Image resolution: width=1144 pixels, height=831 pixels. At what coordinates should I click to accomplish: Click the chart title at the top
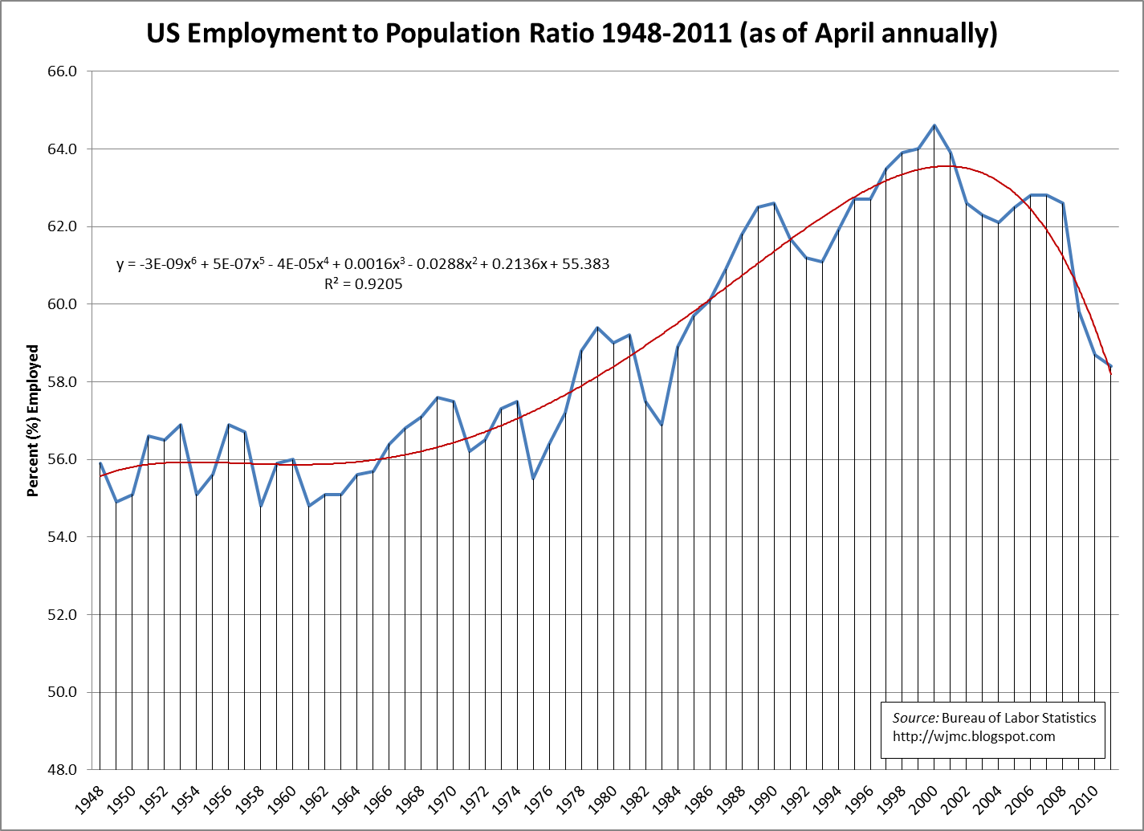(x=572, y=33)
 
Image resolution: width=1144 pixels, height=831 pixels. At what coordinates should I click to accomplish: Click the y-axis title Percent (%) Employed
(x=33, y=421)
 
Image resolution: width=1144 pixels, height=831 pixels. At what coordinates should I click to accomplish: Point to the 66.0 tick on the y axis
(x=62, y=71)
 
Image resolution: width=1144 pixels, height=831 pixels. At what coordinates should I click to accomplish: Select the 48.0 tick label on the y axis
(x=62, y=770)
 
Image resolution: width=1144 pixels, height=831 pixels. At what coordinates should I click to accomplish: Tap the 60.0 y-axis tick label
(x=62, y=304)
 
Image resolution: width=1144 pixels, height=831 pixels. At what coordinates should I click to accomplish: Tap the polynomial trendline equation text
(x=363, y=263)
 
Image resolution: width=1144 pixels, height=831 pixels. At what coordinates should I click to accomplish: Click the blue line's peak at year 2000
(x=934, y=125)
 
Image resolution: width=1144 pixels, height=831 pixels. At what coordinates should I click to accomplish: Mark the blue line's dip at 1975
(x=533, y=479)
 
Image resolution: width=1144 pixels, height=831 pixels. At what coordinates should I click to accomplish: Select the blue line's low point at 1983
(x=662, y=425)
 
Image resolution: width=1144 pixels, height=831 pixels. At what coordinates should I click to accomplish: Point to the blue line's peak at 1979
(x=597, y=328)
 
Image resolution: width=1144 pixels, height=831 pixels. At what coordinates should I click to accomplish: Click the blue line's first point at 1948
(x=100, y=463)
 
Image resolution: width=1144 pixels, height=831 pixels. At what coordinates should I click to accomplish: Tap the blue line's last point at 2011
(x=1110, y=366)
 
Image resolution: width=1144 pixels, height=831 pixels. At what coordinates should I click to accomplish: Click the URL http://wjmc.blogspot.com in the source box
(x=973, y=736)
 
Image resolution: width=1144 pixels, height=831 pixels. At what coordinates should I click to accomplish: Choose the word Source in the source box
(x=914, y=718)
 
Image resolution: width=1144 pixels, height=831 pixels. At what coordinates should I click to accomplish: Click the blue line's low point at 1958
(x=261, y=506)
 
